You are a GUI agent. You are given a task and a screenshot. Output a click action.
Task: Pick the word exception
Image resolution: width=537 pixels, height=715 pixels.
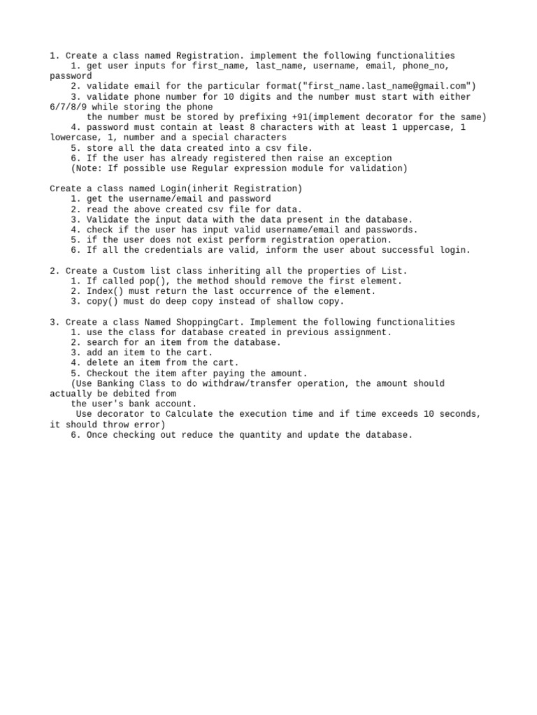[366, 159]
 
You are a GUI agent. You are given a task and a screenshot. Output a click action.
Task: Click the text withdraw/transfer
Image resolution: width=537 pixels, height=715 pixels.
[263, 383]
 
